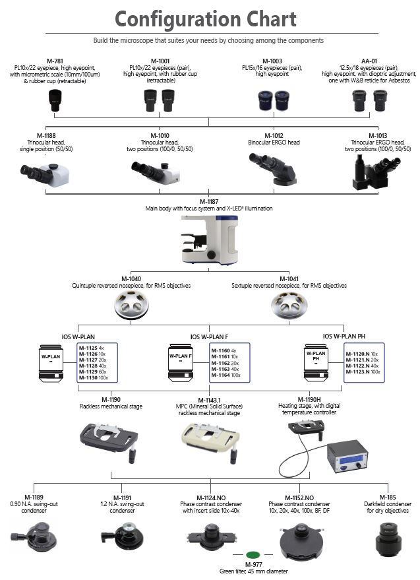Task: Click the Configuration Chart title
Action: tap(210, 19)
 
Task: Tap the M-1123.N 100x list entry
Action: tap(362, 372)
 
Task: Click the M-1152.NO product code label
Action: tap(299, 497)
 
